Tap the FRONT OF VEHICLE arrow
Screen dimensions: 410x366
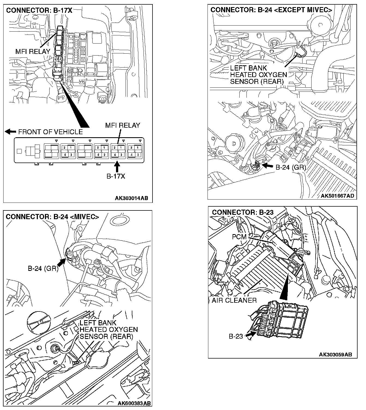11,132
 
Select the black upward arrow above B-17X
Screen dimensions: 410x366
117,166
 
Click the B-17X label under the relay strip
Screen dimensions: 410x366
116,176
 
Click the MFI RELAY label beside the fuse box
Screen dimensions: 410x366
33,51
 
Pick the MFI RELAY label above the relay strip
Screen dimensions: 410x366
123,126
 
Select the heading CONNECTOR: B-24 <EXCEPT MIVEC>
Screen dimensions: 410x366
271,10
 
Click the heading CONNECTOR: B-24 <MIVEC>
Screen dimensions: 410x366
52,217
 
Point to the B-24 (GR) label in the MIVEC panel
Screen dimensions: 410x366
43,268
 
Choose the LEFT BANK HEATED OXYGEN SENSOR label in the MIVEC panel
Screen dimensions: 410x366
108,330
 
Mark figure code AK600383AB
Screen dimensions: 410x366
134,403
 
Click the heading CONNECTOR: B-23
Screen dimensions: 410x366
243,212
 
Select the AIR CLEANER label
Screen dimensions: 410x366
234,301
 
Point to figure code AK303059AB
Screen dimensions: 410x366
335,354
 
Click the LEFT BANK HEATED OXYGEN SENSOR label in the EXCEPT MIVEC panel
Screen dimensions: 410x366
258,75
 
